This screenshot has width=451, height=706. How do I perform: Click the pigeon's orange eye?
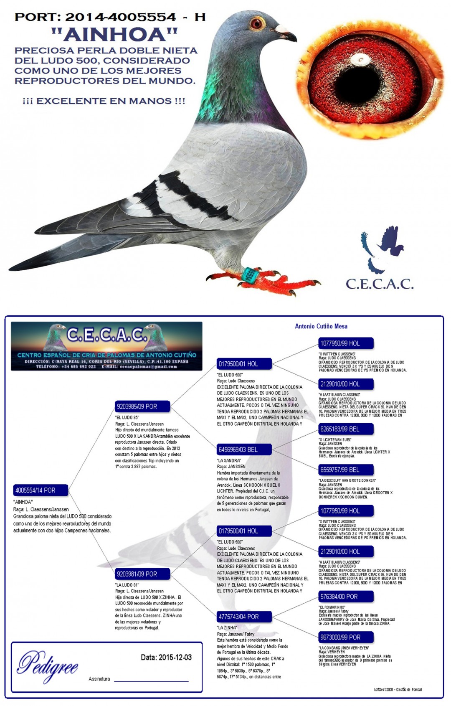click(257, 23)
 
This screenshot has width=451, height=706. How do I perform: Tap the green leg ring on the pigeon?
click(251, 274)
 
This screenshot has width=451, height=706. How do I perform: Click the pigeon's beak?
click(287, 33)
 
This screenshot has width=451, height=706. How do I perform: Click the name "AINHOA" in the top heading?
click(114, 34)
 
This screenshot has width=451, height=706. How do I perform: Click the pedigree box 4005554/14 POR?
click(41, 490)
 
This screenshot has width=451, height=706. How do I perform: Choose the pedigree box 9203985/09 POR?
click(142, 406)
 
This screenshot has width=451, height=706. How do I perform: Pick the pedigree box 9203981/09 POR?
click(142, 574)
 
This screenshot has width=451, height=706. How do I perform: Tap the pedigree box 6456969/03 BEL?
click(244, 450)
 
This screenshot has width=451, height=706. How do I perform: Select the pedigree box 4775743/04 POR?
click(244, 617)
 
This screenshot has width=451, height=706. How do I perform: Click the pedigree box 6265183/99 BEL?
click(346, 429)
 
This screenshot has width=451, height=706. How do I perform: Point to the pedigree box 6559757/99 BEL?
click(346, 470)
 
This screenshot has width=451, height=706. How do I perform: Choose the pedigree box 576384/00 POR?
click(346, 597)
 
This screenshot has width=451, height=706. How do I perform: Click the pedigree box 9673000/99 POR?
click(346, 637)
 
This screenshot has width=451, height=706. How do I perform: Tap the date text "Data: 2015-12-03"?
click(166, 657)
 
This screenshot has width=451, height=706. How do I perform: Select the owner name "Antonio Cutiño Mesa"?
click(321, 326)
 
